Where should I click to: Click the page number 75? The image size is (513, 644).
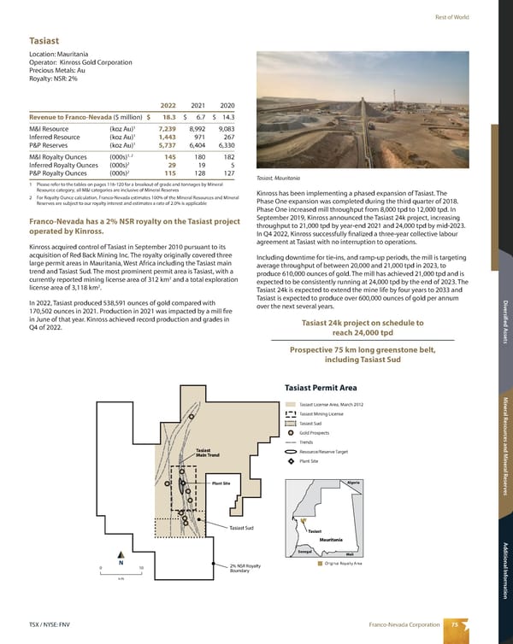[456, 624]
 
